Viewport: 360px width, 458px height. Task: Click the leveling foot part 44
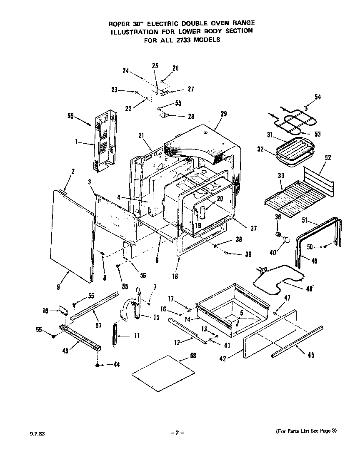[97, 365]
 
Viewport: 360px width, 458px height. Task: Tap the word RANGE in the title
[240, 22]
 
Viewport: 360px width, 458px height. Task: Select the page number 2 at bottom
[177, 433]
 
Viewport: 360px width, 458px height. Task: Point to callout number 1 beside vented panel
[77, 142]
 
